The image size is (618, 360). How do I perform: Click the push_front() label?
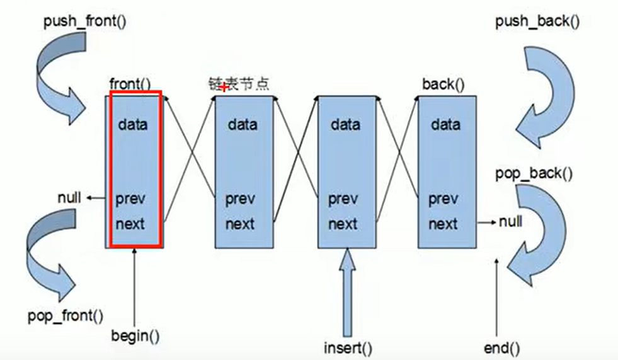(x=85, y=21)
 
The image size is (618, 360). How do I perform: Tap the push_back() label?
(x=537, y=21)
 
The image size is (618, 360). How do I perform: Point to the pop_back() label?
(x=534, y=173)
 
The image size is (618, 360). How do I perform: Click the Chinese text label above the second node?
(x=239, y=84)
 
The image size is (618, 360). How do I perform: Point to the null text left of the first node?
(x=69, y=198)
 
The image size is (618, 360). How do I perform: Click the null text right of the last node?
(x=510, y=221)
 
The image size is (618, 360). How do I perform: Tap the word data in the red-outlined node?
(x=133, y=124)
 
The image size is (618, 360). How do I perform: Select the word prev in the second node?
(x=240, y=200)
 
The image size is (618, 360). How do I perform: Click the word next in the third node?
(x=343, y=223)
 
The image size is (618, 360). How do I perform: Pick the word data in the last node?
(x=445, y=124)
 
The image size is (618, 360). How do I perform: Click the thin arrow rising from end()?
(x=497, y=296)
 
